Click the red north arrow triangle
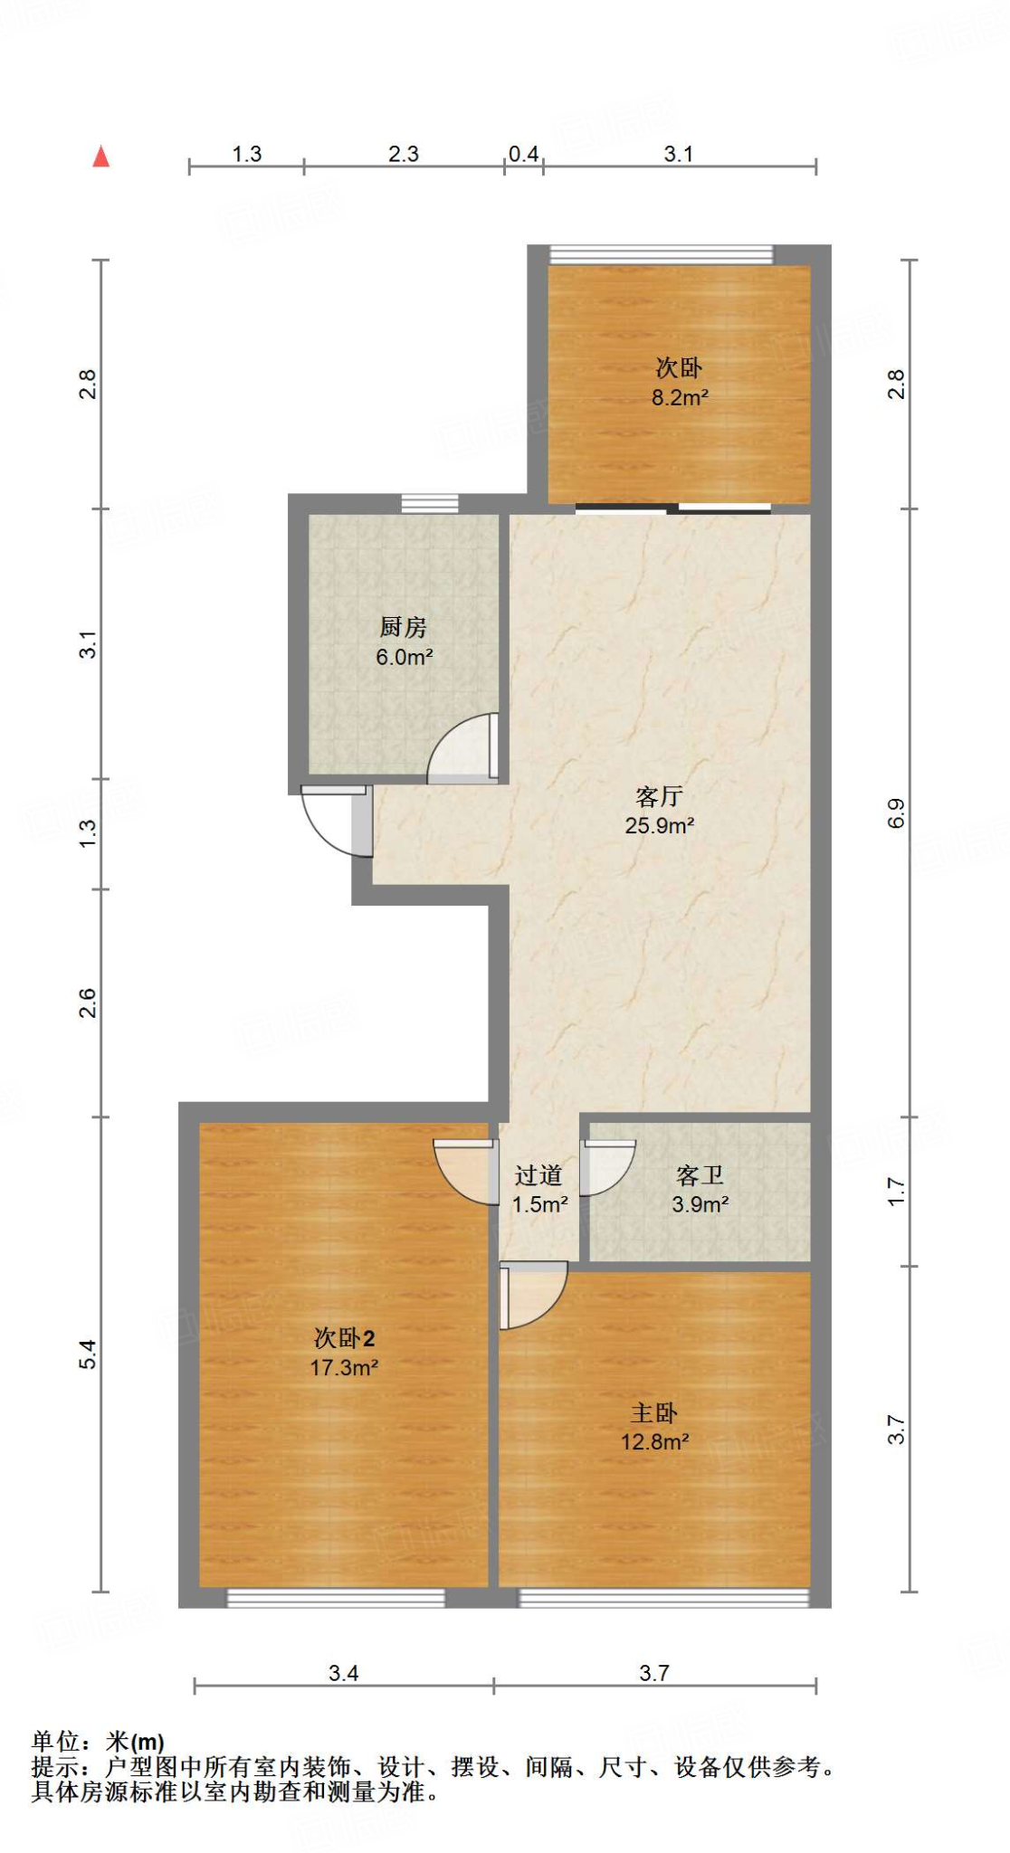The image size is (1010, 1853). click(100, 157)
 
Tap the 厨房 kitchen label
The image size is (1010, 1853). click(403, 626)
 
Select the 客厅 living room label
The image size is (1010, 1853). click(659, 796)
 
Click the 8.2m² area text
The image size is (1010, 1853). click(680, 397)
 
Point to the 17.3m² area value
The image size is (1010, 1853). click(344, 1367)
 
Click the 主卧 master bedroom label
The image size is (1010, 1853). click(653, 1412)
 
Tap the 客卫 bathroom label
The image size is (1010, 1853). click(700, 1175)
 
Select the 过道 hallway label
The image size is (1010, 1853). click(538, 1175)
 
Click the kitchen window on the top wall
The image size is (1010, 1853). click(430, 503)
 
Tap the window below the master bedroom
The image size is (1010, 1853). click(663, 1599)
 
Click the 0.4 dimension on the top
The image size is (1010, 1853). click(523, 154)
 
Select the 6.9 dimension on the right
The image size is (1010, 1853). click(896, 812)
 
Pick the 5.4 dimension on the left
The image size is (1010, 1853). click(87, 1354)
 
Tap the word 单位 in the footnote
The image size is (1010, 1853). click(56, 1741)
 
